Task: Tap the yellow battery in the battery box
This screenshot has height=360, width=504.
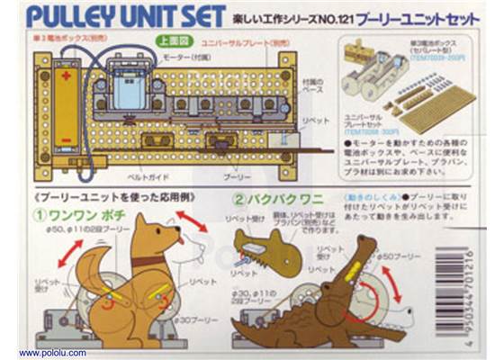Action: pyautogui.click(x=66, y=107)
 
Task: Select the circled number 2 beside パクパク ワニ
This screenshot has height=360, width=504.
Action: pyautogui.click(x=238, y=201)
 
